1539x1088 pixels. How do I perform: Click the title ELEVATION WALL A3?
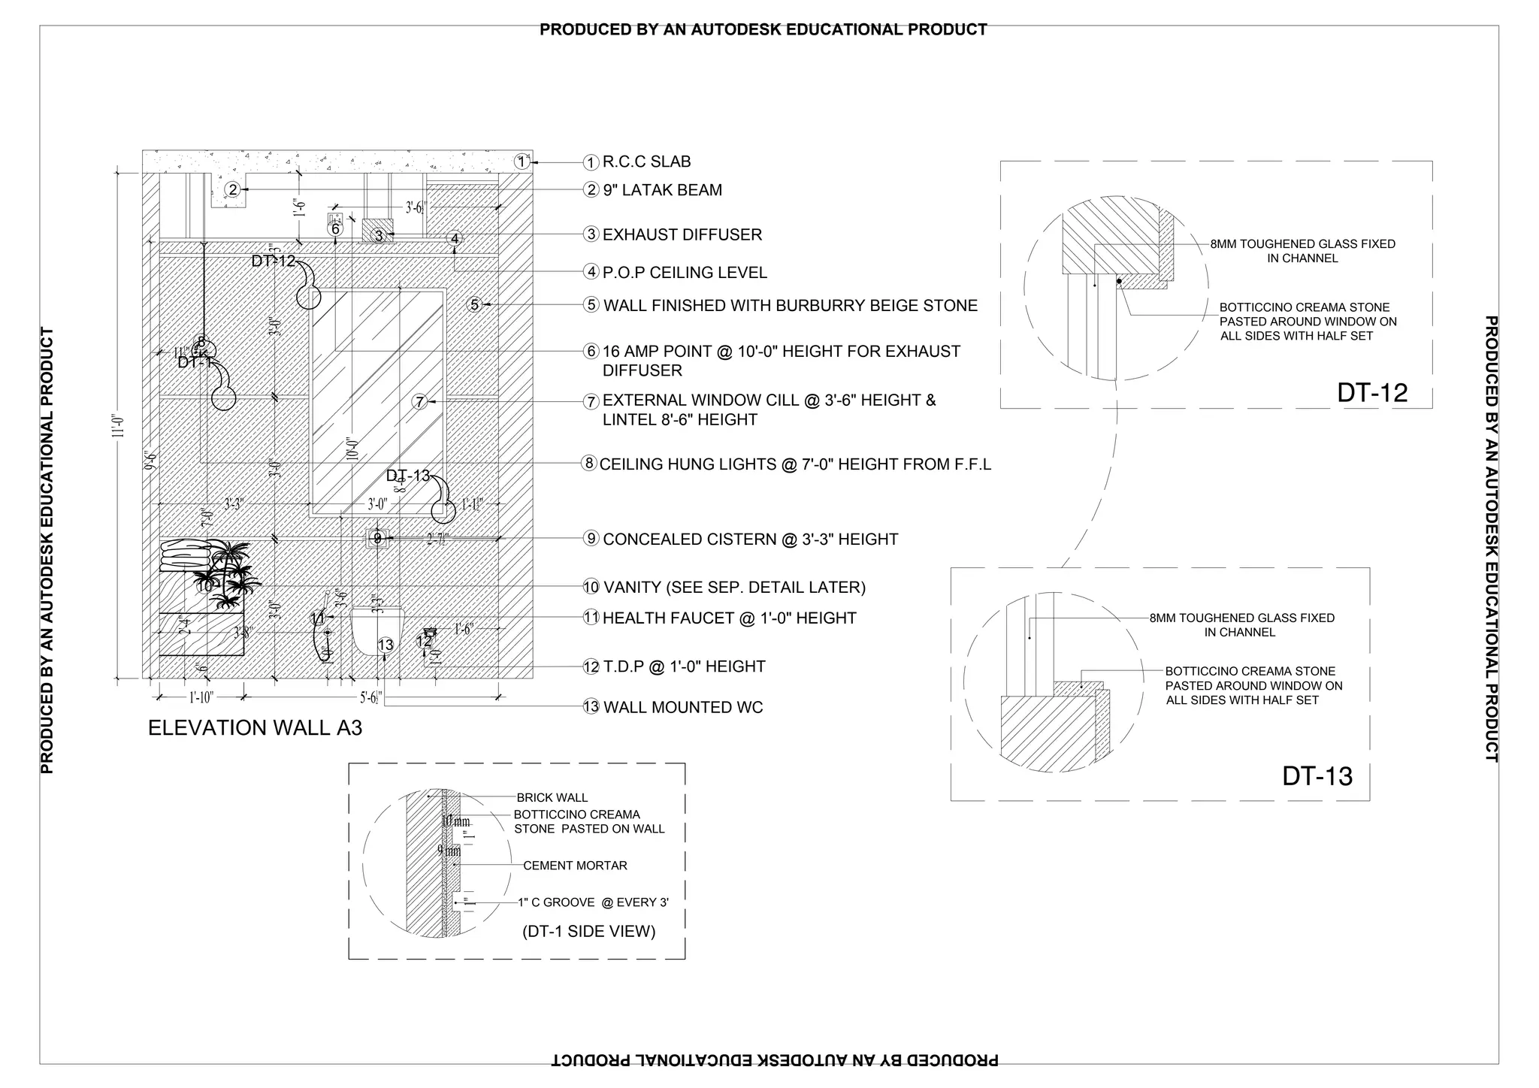(x=255, y=728)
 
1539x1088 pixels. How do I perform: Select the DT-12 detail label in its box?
(x=1371, y=393)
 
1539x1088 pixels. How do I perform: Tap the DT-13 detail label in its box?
(x=1317, y=776)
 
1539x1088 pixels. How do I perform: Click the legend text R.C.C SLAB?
(x=646, y=162)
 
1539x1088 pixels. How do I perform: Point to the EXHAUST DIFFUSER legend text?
(x=682, y=235)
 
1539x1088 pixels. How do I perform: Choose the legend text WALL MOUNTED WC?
(x=682, y=708)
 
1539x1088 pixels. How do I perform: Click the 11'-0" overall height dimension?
(x=117, y=428)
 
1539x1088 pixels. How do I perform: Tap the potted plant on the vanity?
(x=229, y=575)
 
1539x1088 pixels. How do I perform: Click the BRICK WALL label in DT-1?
(x=552, y=798)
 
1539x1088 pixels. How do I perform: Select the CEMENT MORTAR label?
(x=575, y=866)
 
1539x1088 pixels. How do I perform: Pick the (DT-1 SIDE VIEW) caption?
(x=588, y=932)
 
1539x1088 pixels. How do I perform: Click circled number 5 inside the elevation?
(x=474, y=304)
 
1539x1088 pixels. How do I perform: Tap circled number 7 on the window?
(x=420, y=402)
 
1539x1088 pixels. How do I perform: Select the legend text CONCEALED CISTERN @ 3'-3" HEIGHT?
(x=750, y=539)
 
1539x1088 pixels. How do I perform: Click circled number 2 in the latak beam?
(x=233, y=190)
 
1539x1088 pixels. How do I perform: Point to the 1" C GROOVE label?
(x=593, y=902)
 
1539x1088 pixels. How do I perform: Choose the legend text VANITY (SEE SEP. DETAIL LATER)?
(x=734, y=588)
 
